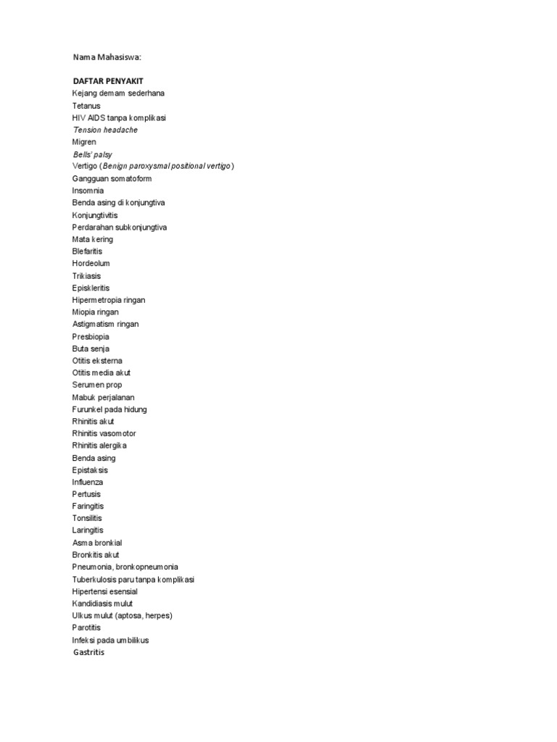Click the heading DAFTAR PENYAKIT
click(112, 81)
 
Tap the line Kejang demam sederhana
click(123, 93)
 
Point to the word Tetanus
click(88, 106)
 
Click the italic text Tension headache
click(105, 130)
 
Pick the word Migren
click(84, 142)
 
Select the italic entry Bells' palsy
click(92, 154)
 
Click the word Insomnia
click(88, 191)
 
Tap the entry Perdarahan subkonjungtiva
click(120, 227)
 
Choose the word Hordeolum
click(91, 264)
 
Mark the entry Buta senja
click(91, 349)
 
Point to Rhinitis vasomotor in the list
click(104, 433)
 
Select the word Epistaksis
click(90, 470)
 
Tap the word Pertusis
click(87, 494)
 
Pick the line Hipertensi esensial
click(105, 591)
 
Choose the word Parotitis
click(87, 628)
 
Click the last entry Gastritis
click(89, 653)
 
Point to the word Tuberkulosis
click(95, 579)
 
